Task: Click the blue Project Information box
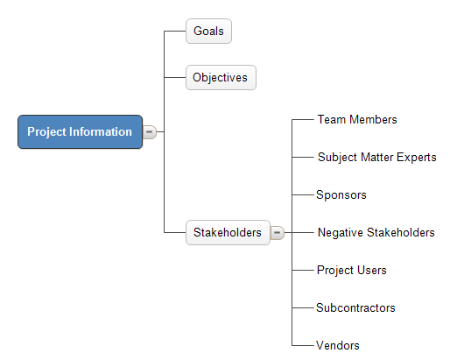[x=80, y=131]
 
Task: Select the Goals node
[x=208, y=31]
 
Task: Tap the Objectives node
[x=221, y=78]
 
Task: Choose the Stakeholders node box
[x=228, y=232]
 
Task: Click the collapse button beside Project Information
[x=150, y=131]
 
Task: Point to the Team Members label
[x=357, y=120]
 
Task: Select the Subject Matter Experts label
[x=377, y=157]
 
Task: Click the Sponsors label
[x=341, y=194]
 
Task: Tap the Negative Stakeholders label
[x=376, y=232]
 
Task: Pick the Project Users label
[x=352, y=270]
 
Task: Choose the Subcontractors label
[x=355, y=308]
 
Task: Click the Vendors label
[x=338, y=345]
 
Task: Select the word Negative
[x=341, y=233]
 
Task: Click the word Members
[x=373, y=120]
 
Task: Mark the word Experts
[x=417, y=158]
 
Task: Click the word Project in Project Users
[x=335, y=271]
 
